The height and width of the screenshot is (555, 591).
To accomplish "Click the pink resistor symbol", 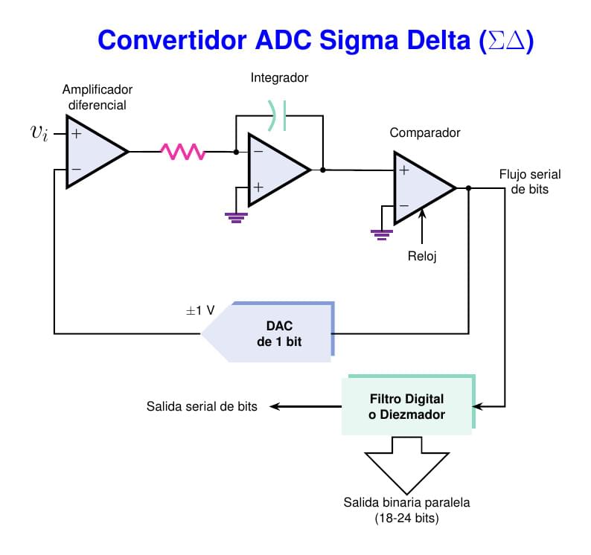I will (x=183, y=152).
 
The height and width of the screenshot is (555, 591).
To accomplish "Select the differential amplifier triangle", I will (x=92, y=152).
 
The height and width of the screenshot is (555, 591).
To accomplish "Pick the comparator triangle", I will (x=420, y=187).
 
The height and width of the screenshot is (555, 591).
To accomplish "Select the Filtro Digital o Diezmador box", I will (x=406, y=406).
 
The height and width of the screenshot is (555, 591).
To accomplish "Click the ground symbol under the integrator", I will (x=237, y=217).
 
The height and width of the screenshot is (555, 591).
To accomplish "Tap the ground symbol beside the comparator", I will (x=382, y=235).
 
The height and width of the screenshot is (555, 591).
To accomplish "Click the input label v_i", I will (x=39, y=133).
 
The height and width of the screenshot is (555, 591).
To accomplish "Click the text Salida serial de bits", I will (x=202, y=407).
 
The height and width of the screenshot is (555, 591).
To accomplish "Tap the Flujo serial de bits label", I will (x=530, y=182).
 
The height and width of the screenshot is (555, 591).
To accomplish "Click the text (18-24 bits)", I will (x=406, y=518).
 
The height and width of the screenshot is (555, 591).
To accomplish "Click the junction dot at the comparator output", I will (x=468, y=187).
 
